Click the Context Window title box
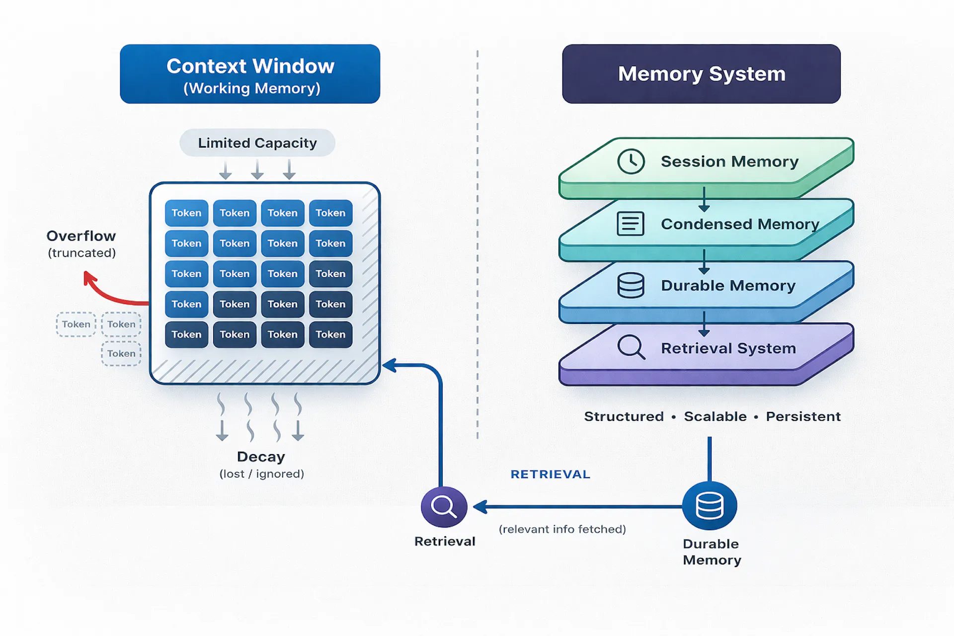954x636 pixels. (x=250, y=74)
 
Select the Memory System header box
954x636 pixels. (x=701, y=74)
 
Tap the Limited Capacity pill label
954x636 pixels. (x=257, y=143)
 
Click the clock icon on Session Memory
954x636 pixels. (x=631, y=161)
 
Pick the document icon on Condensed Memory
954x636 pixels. (x=630, y=224)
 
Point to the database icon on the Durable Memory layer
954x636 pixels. (x=631, y=286)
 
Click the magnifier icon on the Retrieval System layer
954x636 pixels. (x=631, y=347)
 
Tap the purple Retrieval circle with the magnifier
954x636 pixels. (x=444, y=507)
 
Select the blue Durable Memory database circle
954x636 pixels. (x=709, y=506)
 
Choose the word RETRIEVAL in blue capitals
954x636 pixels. (x=550, y=475)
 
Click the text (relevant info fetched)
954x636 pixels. (x=562, y=529)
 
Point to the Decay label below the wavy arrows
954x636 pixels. (x=261, y=457)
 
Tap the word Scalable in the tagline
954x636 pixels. (x=715, y=416)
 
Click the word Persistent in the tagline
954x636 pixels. (x=803, y=416)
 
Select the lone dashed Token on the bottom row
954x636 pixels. (x=121, y=354)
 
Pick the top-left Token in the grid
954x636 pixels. (x=186, y=213)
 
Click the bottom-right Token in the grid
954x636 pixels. (x=330, y=334)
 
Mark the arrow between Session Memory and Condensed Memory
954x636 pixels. (x=704, y=200)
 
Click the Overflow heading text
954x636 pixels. (x=81, y=236)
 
